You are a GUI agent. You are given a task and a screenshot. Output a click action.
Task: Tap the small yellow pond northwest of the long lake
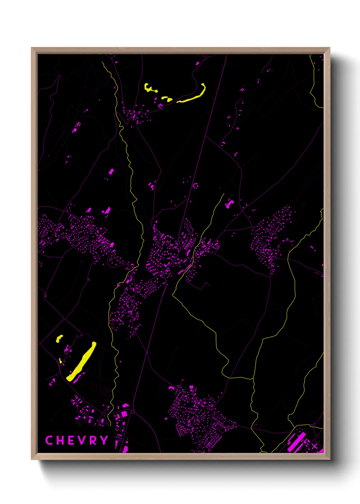59,338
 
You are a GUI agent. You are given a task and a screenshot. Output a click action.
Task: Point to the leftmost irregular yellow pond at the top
149,88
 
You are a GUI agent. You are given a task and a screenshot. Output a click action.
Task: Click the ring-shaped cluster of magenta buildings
196,186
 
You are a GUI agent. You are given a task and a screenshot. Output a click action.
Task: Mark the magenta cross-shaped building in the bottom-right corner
315,446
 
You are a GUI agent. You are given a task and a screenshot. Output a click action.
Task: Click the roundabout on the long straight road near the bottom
133,412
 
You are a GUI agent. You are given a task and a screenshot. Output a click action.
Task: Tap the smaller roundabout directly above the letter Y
104,413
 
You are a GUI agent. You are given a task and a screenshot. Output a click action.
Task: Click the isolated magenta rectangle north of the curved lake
197,63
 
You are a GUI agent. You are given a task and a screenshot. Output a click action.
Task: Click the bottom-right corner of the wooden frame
329,459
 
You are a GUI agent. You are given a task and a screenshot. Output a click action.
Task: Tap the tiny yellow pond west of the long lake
60,361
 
